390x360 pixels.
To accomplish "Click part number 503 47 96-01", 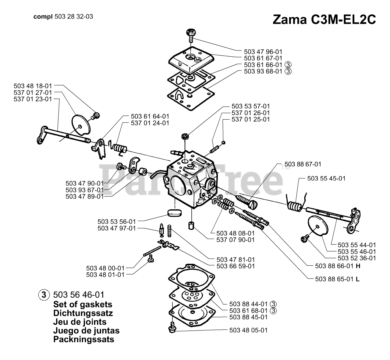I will [x=263, y=52].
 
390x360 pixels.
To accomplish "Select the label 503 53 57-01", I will [x=250, y=106].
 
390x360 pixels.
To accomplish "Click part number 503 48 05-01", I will [x=248, y=330].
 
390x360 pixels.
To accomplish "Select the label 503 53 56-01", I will [x=116, y=222].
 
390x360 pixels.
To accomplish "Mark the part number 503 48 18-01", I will [x=33, y=86].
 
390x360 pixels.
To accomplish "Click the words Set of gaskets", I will [x=83, y=304].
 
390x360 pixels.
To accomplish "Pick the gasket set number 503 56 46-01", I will [x=79, y=295].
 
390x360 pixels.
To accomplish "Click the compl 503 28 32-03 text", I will [x=63, y=17].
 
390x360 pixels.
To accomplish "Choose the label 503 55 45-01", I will [x=326, y=178].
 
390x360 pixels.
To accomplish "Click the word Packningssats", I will [x=83, y=339].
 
